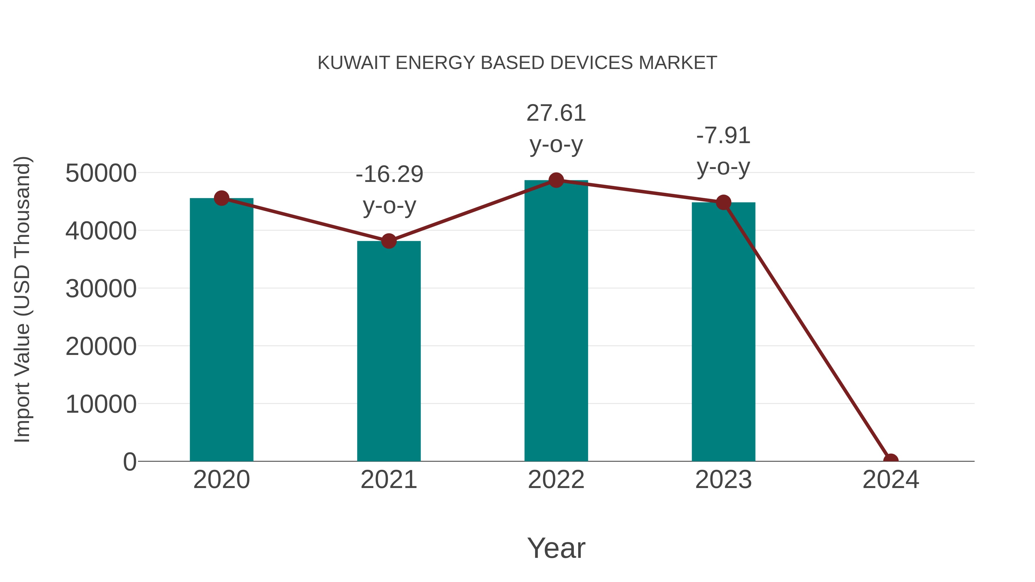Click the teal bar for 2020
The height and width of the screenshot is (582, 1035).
[221, 329]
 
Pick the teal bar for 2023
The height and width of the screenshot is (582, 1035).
[723, 332]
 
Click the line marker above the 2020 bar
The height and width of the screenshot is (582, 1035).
[221, 198]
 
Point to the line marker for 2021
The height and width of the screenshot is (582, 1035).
[388, 241]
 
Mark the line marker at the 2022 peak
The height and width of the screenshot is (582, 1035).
[556, 180]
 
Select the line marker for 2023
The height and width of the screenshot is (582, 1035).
[723, 202]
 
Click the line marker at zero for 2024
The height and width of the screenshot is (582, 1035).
[891, 460]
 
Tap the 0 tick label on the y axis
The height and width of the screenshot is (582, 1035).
[129, 462]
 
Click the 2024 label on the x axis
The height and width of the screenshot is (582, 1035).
[891, 480]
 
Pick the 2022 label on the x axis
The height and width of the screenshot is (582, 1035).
[556, 480]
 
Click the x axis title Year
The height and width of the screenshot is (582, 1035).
[556, 548]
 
